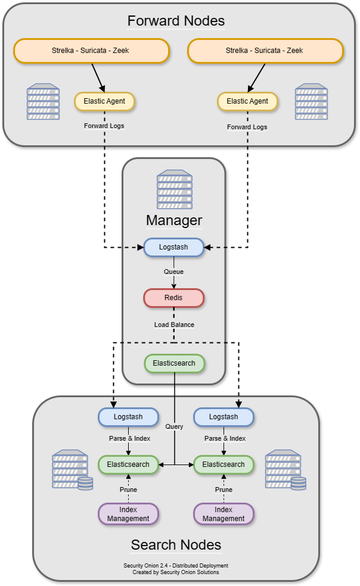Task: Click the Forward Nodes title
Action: (176, 21)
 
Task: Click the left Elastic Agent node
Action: (104, 101)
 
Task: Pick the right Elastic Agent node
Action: (247, 101)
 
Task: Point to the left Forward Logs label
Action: (104, 126)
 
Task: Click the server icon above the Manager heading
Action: (174, 188)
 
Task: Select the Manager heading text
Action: (174, 220)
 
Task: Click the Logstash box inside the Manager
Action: (174, 247)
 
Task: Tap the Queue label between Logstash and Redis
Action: (174, 272)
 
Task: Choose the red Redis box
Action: (174, 298)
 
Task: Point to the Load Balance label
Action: (174, 325)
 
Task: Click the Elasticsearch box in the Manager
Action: (174, 363)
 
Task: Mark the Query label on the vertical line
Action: (174, 426)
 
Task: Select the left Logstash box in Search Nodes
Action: (128, 417)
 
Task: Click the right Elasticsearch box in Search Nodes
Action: (224, 465)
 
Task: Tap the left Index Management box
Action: (128, 514)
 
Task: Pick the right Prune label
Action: (224, 490)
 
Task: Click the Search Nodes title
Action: (176, 544)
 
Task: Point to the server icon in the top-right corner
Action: (312, 102)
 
